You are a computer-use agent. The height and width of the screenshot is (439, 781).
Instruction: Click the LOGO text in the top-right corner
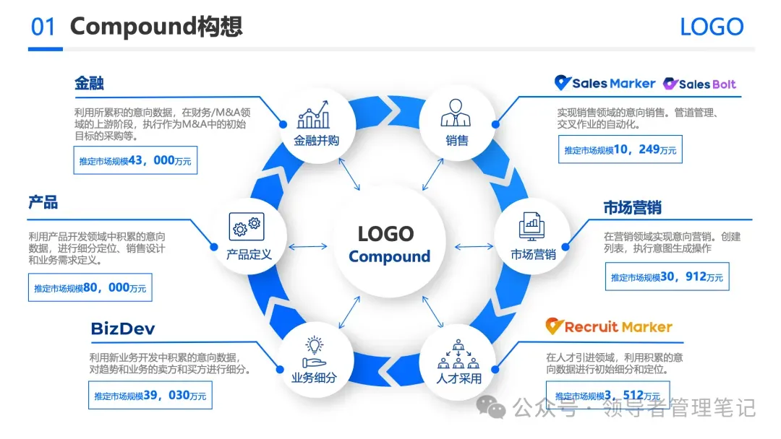pos(712,27)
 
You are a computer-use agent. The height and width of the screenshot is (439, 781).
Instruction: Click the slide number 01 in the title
pos(43,27)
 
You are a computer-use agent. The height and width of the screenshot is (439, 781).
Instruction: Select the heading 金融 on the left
pos(89,83)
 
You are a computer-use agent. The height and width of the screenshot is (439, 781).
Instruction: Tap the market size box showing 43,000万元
pos(135,160)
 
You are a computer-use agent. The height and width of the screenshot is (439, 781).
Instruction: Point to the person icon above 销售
pos(456,114)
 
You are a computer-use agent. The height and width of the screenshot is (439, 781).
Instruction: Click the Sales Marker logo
pos(605,83)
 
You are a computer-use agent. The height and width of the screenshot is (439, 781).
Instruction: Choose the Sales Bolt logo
pos(700,84)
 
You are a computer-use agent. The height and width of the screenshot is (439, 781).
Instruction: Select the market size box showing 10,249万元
pos(620,149)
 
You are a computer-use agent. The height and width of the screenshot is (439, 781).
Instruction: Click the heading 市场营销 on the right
pos(632,208)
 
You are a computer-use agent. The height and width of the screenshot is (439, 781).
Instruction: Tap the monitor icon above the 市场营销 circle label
pos(532,225)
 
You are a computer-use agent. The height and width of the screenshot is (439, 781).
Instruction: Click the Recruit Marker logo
pos(609,326)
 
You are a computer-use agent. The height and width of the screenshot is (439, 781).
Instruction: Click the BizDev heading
pos(123,329)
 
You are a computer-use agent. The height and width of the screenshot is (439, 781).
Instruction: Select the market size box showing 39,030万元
pos(150,395)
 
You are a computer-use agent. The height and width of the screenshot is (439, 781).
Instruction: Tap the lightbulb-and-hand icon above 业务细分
pos(314,352)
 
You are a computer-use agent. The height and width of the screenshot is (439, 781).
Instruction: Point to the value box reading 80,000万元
pos(90,287)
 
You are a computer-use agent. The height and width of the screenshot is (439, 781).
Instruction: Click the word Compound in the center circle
pos(389,257)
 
